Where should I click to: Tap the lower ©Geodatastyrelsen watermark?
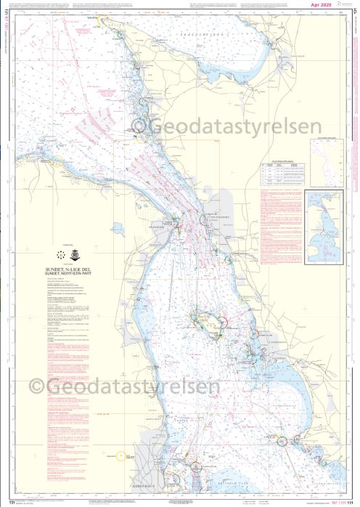pos(123,387)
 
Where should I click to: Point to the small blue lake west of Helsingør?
pos(118,230)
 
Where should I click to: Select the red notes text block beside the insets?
pos(280,218)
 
